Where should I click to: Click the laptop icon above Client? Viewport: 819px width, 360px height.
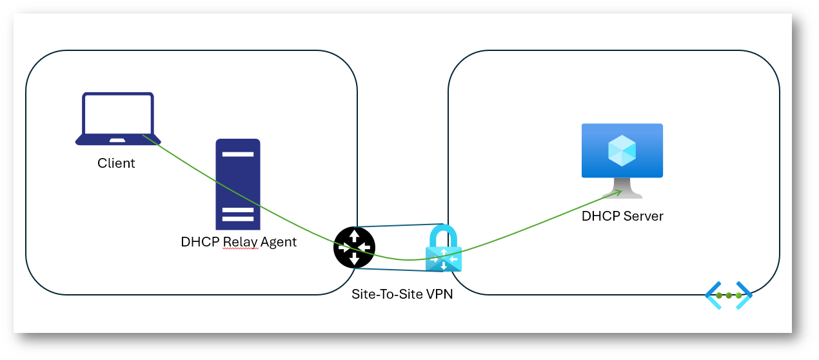[118, 119]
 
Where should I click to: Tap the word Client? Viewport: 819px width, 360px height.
[116, 163]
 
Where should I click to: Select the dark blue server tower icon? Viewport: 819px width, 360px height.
[238, 184]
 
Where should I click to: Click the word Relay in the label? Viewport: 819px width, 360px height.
[240, 243]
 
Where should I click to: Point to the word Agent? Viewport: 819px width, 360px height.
[279, 243]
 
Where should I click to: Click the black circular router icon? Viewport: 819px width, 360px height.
[354, 248]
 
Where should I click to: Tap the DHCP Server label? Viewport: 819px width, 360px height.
[622, 216]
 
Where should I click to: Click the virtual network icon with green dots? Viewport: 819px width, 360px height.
[729, 295]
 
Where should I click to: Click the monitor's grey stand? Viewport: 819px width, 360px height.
[622, 189]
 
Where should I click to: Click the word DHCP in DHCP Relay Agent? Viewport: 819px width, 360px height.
[200, 243]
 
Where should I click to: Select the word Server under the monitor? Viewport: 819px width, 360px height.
[643, 216]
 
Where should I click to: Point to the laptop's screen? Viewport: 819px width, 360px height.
[118, 114]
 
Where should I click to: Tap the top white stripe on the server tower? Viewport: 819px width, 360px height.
[238, 155]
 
